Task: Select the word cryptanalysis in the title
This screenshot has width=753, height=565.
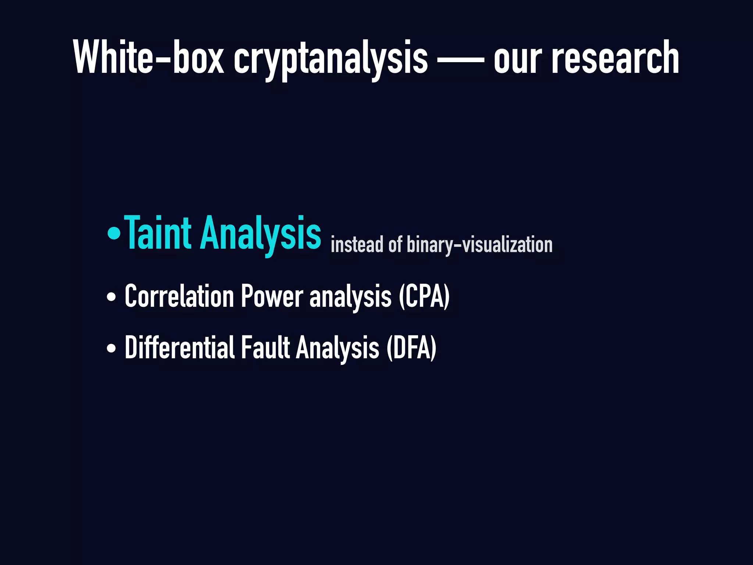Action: click(331, 59)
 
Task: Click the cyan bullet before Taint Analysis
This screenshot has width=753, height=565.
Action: click(114, 234)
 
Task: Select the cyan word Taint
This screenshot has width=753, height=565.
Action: click(158, 232)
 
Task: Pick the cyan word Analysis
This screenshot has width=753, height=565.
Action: click(260, 234)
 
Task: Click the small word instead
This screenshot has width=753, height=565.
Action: click(357, 245)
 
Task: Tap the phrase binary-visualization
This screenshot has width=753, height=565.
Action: click(479, 245)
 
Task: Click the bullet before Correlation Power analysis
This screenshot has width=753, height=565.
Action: click(111, 297)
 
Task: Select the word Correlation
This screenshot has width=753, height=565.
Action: click(179, 296)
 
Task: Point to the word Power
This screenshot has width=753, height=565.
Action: click(272, 296)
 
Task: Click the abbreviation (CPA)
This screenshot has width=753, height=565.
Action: click(424, 296)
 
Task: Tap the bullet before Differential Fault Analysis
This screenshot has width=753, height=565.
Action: click(111, 348)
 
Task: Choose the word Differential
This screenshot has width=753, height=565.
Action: click(179, 347)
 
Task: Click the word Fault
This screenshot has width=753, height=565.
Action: click(265, 347)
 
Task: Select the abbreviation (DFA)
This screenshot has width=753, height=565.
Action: click(411, 348)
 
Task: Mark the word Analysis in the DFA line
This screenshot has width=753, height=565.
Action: click(337, 348)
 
